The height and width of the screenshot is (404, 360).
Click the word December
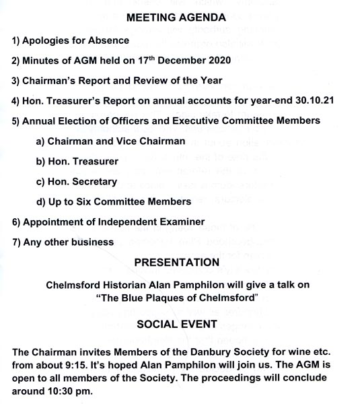click(169, 61)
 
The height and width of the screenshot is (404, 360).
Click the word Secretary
click(92, 182)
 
